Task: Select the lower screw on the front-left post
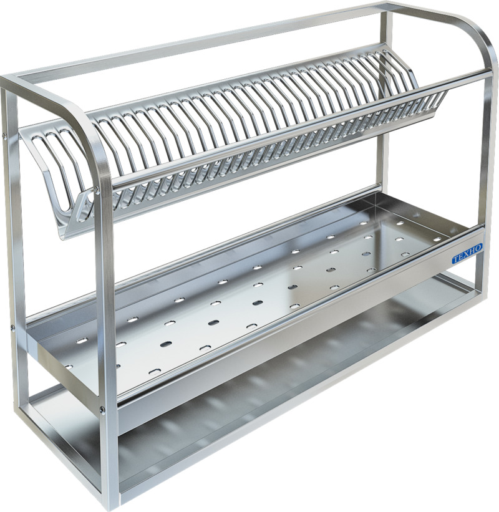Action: (x=102, y=410)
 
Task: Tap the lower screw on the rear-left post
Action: (x=12, y=326)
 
